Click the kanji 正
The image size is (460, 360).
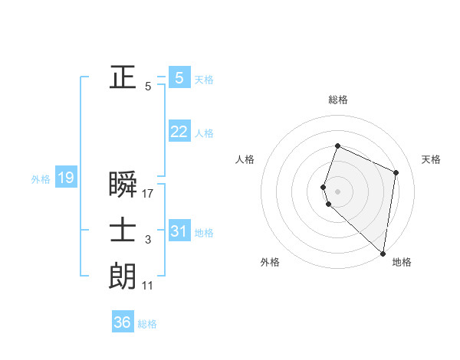click(x=123, y=77)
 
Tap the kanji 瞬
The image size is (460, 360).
click(x=123, y=184)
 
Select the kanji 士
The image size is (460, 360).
click(x=123, y=231)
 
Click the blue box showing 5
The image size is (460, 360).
click(x=179, y=77)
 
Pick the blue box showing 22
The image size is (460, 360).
click(x=179, y=132)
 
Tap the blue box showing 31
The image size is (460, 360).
click(x=179, y=231)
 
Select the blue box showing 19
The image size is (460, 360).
click(x=65, y=178)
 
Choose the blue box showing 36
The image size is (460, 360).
click(x=123, y=322)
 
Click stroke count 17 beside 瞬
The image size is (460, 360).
click(x=148, y=194)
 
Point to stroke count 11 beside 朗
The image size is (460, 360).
click(x=148, y=286)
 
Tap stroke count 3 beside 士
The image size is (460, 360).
click(x=148, y=241)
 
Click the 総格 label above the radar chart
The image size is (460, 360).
click(x=338, y=100)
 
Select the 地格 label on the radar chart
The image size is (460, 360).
click(x=402, y=262)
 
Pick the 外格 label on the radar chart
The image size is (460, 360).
click(x=270, y=262)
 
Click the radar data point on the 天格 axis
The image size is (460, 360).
click(x=396, y=172)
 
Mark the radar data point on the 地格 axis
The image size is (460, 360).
click(x=383, y=254)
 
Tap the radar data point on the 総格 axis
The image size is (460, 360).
click(x=337, y=146)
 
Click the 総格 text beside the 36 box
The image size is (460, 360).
click(x=147, y=324)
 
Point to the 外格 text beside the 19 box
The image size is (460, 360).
click(x=41, y=179)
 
